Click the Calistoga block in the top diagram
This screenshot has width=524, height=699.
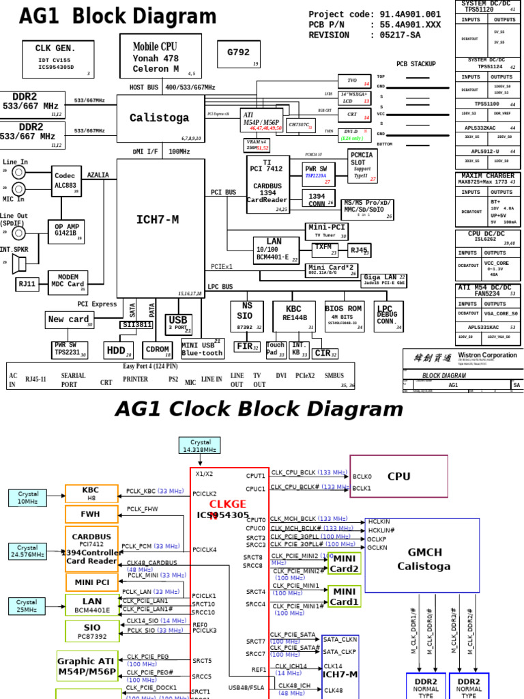(160, 118)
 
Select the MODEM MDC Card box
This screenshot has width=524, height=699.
(68, 282)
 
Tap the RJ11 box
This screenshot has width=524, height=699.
(27, 283)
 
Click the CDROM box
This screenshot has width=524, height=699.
(158, 350)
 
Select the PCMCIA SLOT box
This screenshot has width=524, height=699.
(362, 166)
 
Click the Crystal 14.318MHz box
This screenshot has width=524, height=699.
(200, 446)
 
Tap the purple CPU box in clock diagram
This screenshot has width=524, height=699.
(399, 476)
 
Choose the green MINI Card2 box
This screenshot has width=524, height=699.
(345, 563)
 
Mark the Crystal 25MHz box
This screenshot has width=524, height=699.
(27, 605)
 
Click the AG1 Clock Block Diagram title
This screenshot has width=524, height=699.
(259, 409)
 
